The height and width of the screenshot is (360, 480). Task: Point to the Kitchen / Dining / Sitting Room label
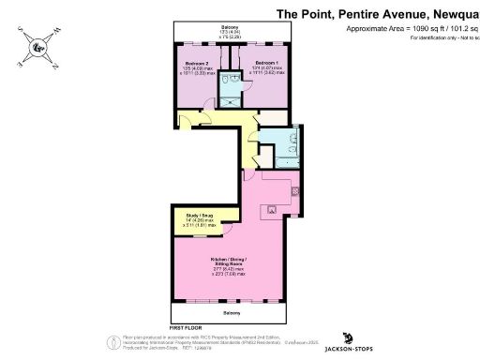[229, 260]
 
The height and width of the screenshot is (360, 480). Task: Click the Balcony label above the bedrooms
[230, 27]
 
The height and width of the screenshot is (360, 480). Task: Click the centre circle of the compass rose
[37, 47]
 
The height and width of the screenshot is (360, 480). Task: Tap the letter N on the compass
[54, 66]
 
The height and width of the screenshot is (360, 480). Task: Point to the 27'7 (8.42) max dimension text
[229, 269]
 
